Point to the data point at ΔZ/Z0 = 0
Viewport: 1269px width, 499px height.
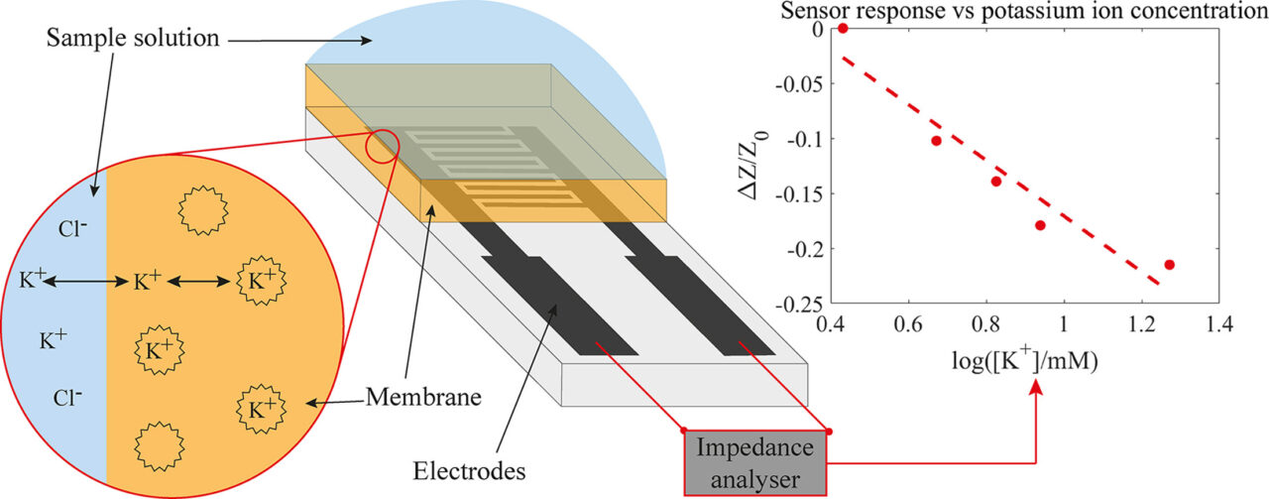(x=844, y=28)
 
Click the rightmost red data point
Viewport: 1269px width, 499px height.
(x=1170, y=264)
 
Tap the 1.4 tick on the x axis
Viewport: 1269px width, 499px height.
(x=1219, y=324)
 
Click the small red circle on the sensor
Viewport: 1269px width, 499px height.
(x=382, y=147)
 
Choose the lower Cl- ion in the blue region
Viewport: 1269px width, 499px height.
(x=68, y=398)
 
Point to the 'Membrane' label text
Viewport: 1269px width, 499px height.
(x=423, y=399)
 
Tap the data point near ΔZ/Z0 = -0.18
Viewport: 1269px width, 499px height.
(x=1041, y=225)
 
